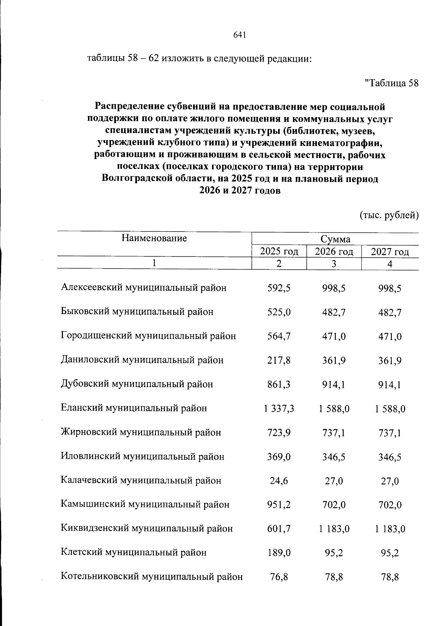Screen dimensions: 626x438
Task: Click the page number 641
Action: [239, 35]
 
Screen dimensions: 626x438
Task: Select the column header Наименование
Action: [154, 239]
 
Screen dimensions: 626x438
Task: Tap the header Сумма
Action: [335, 239]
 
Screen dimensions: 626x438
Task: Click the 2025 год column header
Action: [279, 251]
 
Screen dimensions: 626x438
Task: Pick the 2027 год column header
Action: [390, 252]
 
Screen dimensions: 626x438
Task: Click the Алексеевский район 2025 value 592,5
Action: [279, 288]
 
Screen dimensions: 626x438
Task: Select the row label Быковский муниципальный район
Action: [137, 312]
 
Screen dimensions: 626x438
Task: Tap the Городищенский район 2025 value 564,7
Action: [279, 336]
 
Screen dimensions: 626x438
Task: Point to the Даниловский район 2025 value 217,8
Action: [279, 360]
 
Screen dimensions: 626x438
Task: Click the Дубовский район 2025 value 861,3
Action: [279, 385]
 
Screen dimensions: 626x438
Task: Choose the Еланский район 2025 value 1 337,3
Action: [279, 409]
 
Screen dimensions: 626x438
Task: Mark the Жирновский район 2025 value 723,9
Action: [279, 433]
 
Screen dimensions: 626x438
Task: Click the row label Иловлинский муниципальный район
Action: [142, 456]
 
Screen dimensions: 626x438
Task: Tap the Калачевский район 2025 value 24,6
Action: [279, 481]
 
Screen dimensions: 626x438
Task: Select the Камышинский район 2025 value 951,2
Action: [279, 505]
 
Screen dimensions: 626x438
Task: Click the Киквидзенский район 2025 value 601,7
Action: [279, 529]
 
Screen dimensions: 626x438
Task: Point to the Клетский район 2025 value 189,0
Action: [279, 553]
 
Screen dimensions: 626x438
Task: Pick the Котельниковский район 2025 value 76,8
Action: [279, 577]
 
